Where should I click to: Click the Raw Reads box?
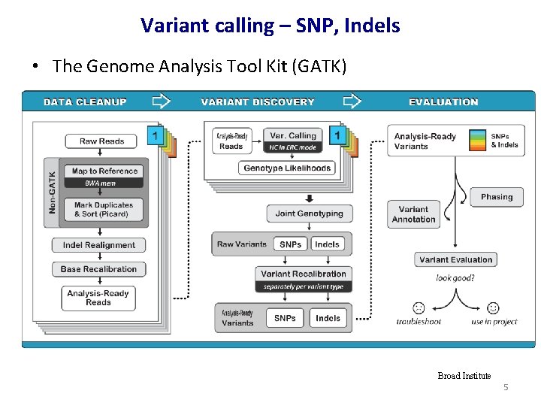pyautogui.click(x=102, y=141)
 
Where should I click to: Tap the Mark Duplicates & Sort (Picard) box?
pyautogui.click(x=104, y=210)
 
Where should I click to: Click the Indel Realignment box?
pyautogui.click(x=99, y=245)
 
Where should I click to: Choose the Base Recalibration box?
pyautogui.click(x=99, y=269)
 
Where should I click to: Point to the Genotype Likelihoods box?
pyautogui.click(x=287, y=168)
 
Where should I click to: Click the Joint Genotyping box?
pyautogui.click(x=309, y=214)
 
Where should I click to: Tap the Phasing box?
pyautogui.click(x=497, y=197)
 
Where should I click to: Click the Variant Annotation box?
pyautogui.click(x=413, y=214)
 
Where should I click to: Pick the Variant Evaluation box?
pyautogui.click(x=455, y=259)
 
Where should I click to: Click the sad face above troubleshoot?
pyautogui.click(x=419, y=308)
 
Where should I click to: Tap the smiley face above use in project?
pyautogui.click(x=493, y=308)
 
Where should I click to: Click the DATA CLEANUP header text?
pyautogui.click(x=85, y=101)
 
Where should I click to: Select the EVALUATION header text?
pyautogui.click(x=443, y=101)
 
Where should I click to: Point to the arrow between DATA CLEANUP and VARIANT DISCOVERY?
pyautogui.click(x=162, y=101)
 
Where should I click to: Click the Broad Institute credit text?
pyautogui.click(x=464, y=376)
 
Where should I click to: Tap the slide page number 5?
pyautogui.click(x=506, y=387)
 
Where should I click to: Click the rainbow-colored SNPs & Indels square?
pyautogui.click(x=476, y=140)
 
